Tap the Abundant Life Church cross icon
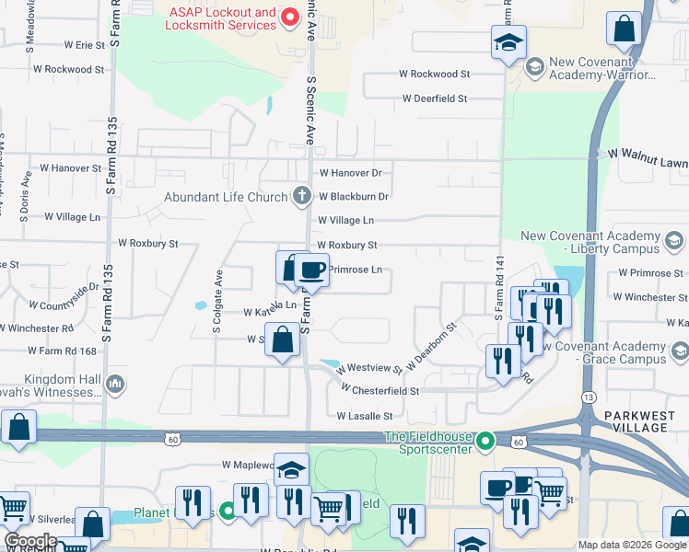click(301, 196)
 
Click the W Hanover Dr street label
click(350, 172)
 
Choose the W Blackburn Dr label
click(354, 196)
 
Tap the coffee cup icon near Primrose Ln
click(311, 270)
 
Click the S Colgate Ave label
click(218, 301)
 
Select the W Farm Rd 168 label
click(62, 351)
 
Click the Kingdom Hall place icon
click(115, 383)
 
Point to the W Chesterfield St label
click(380, 390)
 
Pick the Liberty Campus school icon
click(673, 242)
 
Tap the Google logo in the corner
click(30, 541)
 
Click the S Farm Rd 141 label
click(498, 289)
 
